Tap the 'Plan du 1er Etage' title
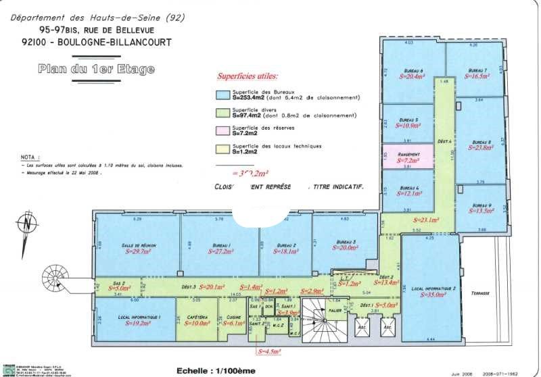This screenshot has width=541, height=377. click(96, 69)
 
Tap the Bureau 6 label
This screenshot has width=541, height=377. click(413, 71)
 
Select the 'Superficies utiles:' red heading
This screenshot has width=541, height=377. click(247, 77)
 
